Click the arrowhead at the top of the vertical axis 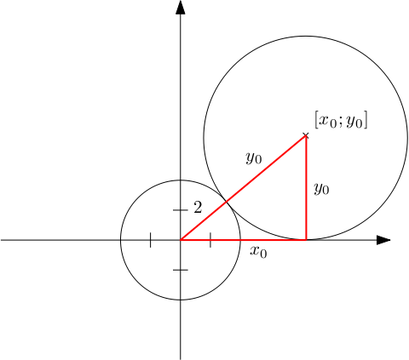point(181,7)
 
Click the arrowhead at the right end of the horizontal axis point(383,240)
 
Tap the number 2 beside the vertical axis point(198,208)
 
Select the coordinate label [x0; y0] point(341,120)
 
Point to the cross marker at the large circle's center point(306,135)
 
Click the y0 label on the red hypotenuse point(254,157)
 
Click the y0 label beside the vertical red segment point(321,188)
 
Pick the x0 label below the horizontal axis point(258,252)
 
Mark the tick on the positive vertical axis point(181,210)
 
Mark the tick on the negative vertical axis point(181,270)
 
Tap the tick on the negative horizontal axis point(150,240)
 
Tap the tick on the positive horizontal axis point(210,240)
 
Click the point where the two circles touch point(226,202)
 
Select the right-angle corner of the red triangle point(306,240)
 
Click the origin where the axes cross point(181,240)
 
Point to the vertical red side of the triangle point(306,188)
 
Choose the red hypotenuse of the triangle point(243,188)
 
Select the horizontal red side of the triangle point(243,240)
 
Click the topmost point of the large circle point(306,36)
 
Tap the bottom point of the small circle point(181,300)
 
